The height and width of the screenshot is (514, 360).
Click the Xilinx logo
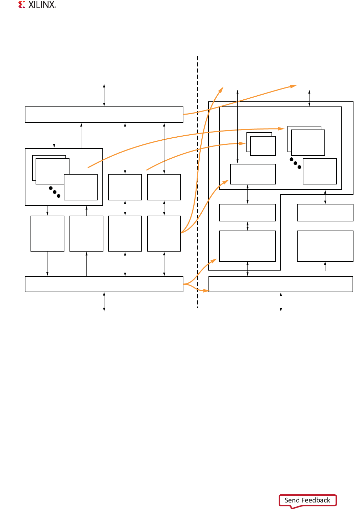(37, 5)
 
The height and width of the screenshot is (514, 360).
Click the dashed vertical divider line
(197, 183)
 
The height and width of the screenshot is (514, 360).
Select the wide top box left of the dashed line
(104, 115)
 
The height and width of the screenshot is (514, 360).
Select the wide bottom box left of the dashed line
(104, 284)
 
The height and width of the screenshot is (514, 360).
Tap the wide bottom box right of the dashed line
(281, 284)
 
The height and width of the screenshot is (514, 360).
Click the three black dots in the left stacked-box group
(55, 192)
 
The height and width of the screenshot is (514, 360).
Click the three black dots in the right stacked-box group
(295, 163)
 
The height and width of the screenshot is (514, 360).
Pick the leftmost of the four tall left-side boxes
(47, 234)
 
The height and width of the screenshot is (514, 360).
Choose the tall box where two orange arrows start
(164, 234)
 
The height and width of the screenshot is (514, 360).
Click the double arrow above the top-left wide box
(104, 95)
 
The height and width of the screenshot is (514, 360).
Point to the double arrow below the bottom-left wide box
(104, 301)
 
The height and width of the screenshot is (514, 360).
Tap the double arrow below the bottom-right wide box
(281, 301)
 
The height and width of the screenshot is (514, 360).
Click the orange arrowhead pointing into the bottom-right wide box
(206, 291)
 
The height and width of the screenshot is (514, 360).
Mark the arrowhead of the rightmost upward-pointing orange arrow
(293, 86)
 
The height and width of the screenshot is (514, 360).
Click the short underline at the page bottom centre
(189, 501)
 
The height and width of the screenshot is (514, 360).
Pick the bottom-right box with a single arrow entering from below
(325, 246)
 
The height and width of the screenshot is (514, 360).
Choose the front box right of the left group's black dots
(81, 187)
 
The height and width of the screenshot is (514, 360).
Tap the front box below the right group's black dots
(320, 172)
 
